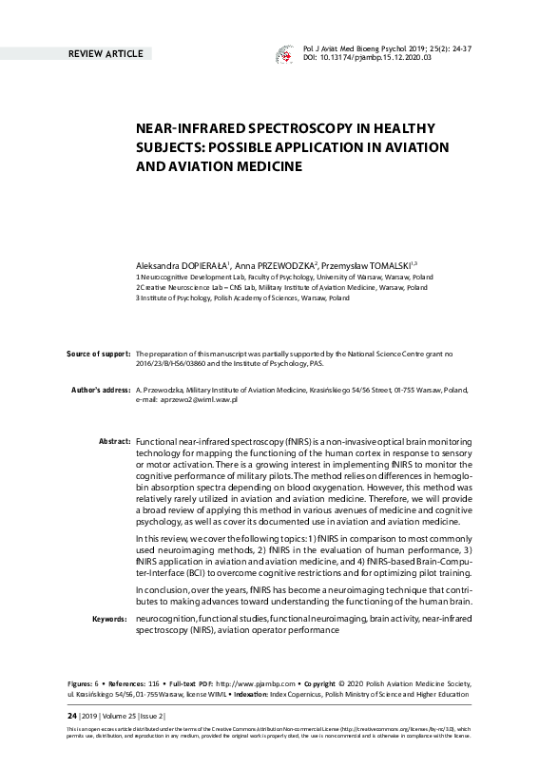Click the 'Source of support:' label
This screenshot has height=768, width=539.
[x=98, y=354]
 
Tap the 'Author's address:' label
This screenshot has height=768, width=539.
[x=100, y=391]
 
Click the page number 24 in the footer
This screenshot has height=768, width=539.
[x=71, y=716]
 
